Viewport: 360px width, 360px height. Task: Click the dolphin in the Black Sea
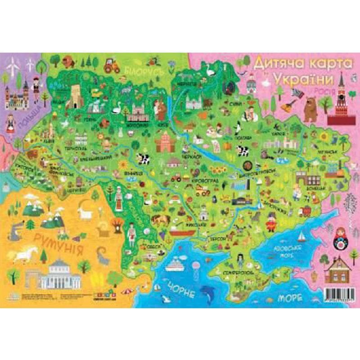point(208,292)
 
